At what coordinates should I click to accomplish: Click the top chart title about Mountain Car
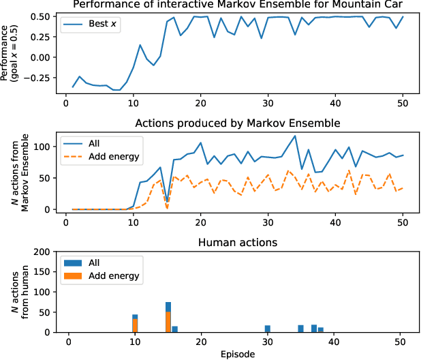point(236,5)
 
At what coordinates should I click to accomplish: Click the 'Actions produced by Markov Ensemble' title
point(236,123)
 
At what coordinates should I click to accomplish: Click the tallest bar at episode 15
point(168,317)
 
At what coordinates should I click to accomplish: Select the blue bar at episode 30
point(268,329)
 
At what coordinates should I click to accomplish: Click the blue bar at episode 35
point(300,329)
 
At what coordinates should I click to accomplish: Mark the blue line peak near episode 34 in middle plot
point(295,136)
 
